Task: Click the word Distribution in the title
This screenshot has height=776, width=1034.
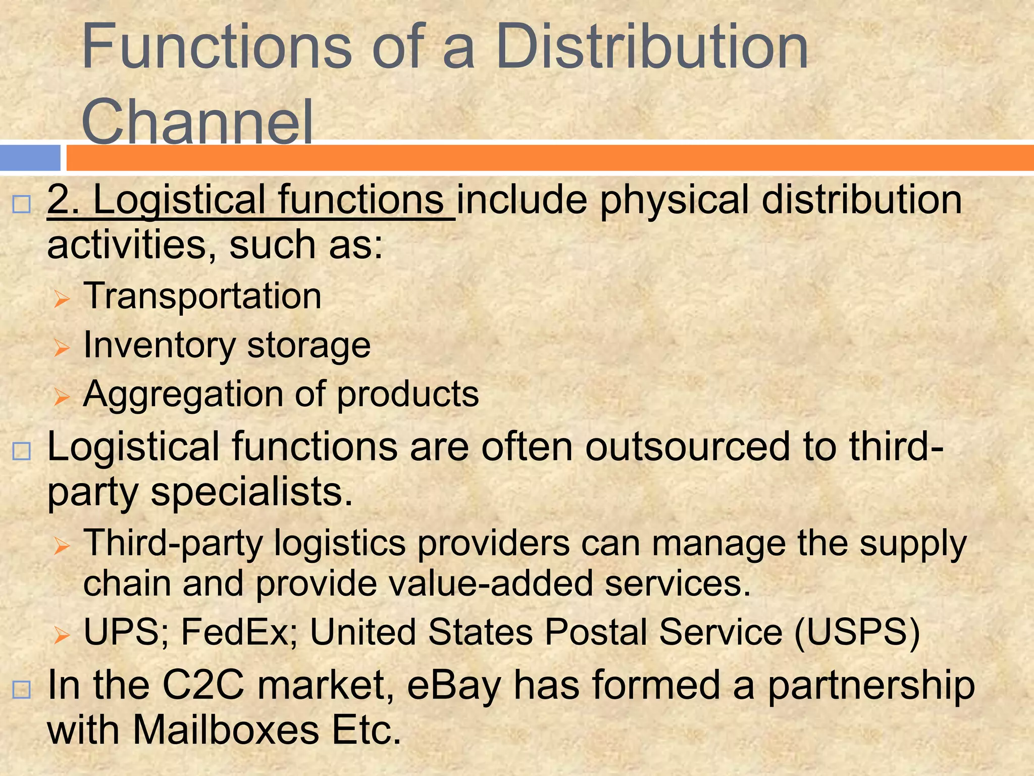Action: click(x=652, y=48)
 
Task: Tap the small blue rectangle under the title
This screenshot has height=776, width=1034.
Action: click(x=30, y=158)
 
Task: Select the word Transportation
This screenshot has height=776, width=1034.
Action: click(x=202, y=296)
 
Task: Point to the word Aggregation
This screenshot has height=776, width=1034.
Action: click(x=183, y=394)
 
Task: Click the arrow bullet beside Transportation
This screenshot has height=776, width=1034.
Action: click(x=62, y=299)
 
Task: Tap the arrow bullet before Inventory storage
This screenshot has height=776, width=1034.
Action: click(x=62, y=348)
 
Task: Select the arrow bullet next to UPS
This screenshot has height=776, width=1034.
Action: click(x=62, y=635)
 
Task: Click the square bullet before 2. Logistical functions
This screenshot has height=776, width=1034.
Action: click(x=22, y=205)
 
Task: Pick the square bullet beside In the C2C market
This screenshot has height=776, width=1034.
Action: click(x=22, y=690)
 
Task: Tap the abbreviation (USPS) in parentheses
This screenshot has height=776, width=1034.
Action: click(x=857, y=632)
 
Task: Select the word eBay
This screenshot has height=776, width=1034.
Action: click(x=454, y=686)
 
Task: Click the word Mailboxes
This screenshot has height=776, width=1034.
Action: click(x=226, y=731)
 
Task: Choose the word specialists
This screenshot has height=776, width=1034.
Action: click(x=251, y=492)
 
